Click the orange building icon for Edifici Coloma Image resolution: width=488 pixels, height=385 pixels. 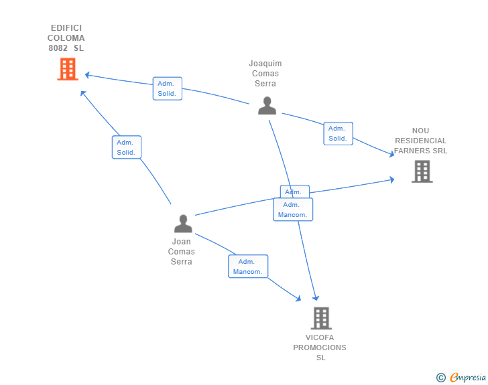click(x=68, y=69)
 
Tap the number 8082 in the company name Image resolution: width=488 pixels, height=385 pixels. click(x=58, y=48)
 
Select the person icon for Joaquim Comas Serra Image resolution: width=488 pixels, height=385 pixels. click(x=267, y=106)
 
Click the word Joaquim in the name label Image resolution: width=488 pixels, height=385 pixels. click(x=265, y=64)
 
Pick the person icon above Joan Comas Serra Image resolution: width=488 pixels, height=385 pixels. click(x=182, y=224)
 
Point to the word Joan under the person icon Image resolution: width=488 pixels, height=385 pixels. click(x=182, y=242)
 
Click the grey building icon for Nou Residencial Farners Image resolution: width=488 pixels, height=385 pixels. click(x=422, y=171)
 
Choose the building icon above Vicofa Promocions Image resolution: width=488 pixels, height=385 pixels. click(x=321, y=318)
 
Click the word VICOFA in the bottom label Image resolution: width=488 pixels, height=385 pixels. click(x=320, y=337)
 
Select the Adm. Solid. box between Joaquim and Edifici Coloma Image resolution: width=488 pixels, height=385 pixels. click(x=167, y=88)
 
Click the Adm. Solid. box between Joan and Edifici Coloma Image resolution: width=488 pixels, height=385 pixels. click(x=126, y=147)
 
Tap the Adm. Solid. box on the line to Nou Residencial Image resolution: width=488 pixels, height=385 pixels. click(x=338, y=133)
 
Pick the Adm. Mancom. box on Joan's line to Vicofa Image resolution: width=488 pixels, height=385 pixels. click(x=248, y=266)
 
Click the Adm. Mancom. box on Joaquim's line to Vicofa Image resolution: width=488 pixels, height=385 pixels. click(x=293, y=210)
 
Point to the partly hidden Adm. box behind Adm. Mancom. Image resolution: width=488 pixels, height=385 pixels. click(x=294, y=191)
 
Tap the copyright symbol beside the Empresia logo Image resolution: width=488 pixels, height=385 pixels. click(x=440, y=378)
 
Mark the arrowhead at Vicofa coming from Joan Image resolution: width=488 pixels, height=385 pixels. click(x=298, y=299)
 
